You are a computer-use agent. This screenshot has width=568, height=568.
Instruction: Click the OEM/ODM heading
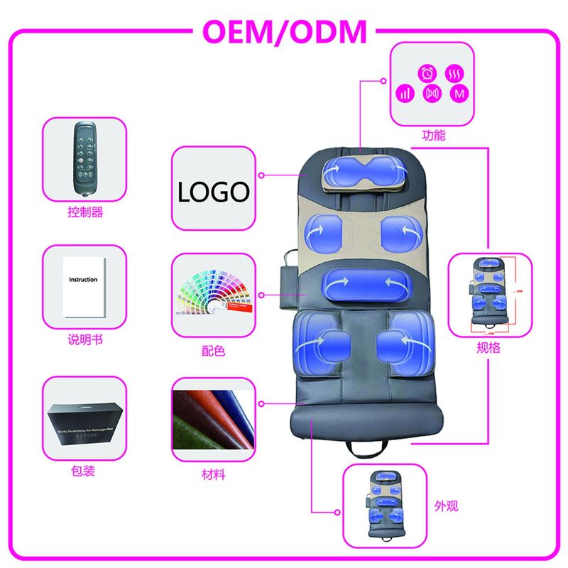point(285,32)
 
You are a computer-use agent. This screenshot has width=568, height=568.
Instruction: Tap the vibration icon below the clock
point(432,93)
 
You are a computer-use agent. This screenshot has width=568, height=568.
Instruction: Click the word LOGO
point(213,191)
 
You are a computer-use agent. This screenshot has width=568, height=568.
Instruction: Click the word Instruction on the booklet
point(83,280)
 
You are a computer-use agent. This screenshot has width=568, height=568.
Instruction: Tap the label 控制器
point(85,212)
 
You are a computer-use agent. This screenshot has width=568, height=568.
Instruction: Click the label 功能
point(433,134)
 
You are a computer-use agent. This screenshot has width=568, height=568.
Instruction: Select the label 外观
point(446,506)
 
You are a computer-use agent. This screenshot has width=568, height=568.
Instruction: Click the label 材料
point(213,474)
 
